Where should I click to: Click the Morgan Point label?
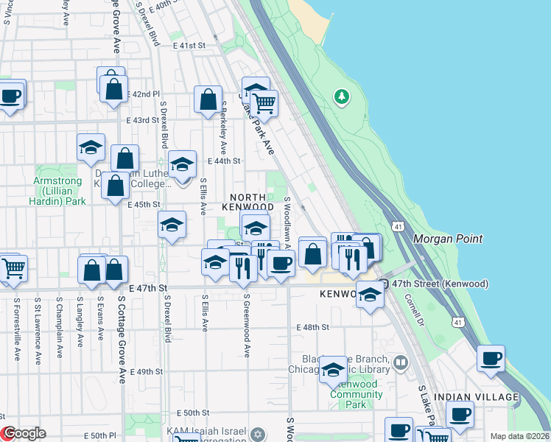click(x=448, y=239)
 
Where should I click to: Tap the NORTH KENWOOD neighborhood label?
click(x=251, y=202)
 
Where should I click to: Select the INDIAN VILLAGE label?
click(x=476, y=397)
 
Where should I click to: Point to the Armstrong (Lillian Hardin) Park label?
click(x=59, y=191)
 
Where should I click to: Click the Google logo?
click(x=24, y=433)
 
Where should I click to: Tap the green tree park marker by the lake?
click(x=341, y=97)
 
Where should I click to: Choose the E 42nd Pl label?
click(x=143, y=94)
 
